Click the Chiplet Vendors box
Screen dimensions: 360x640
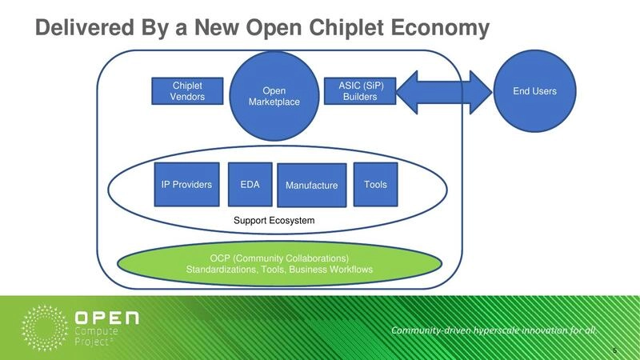[187, 91]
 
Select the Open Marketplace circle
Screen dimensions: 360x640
[274, 96]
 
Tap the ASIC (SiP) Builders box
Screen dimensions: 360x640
[360, 91]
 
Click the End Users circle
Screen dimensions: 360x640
[534, 91]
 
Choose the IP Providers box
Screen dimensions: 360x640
[186, 185]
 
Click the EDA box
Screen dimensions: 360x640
[250, 185]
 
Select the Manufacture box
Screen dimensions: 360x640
[311, 186]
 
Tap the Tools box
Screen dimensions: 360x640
[375, 185]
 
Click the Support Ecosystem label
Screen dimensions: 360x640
[274, 220]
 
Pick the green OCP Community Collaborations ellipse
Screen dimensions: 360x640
[279, 264]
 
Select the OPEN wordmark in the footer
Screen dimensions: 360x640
[106, 318]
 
